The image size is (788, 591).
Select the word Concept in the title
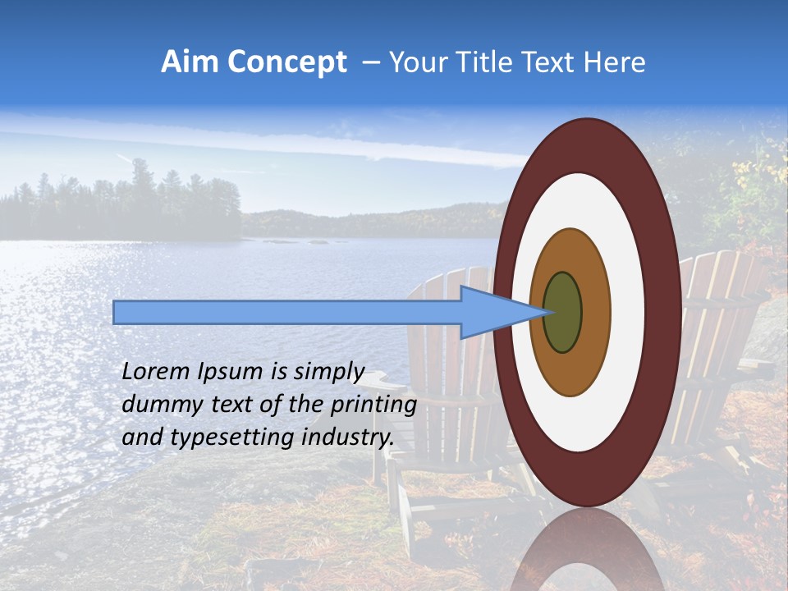287,62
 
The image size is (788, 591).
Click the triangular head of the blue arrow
492,312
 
